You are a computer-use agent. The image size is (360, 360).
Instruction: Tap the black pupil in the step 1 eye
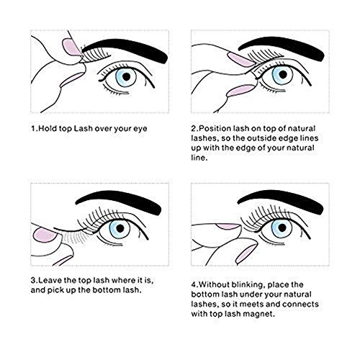[126, 76]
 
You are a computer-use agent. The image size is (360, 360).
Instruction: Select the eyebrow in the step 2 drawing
[283, 45]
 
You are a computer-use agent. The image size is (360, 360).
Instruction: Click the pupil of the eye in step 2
[283, 74]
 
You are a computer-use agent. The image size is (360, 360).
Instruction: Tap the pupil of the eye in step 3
[120, 228]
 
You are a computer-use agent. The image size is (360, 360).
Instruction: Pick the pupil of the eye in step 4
[282, 228]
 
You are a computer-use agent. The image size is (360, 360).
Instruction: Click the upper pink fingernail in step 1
[71, 48]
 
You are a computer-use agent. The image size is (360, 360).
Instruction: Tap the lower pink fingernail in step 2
[240, 91]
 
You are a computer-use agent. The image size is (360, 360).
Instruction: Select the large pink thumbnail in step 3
[45, 235]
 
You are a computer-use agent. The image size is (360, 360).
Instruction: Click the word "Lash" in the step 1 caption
[83, 129]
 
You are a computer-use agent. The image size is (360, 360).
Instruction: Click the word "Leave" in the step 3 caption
[50, 280]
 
